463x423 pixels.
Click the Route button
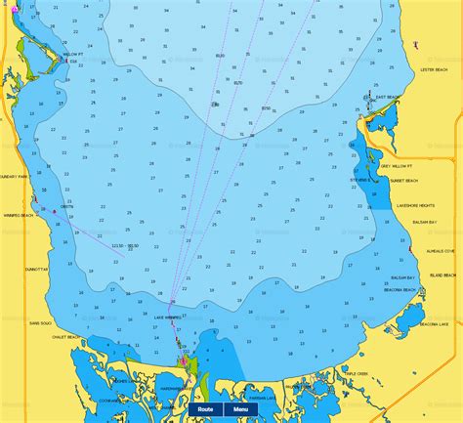click(204, 410)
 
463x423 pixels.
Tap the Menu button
click(239, 410)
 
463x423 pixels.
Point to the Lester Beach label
click(432, 70)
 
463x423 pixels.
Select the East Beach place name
click(387, 98)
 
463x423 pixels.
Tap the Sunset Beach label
click(404, 181)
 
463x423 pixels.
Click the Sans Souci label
click(40, 322)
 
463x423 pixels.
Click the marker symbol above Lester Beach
click(415, 45)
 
